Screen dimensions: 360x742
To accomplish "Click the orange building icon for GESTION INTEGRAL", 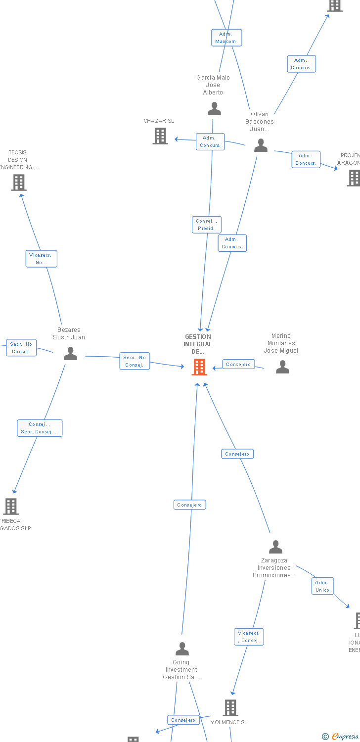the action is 199,367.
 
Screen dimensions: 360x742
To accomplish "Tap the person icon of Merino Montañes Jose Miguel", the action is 282,367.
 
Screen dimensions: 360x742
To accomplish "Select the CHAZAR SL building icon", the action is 160,136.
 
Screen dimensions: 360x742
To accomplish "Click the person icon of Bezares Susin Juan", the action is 71,354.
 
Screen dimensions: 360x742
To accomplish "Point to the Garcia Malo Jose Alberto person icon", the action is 214,109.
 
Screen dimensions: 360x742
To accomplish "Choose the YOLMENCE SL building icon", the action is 230,708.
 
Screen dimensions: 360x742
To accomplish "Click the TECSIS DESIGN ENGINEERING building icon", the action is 18,183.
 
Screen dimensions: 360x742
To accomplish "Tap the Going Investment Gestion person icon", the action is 182,649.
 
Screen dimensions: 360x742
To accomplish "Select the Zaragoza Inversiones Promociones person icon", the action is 275,547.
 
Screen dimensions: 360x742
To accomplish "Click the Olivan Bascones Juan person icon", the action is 261,145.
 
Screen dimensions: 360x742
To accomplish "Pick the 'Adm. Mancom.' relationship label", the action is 226,38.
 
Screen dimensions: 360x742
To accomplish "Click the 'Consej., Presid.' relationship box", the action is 206,225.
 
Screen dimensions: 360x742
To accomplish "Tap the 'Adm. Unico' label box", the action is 322,586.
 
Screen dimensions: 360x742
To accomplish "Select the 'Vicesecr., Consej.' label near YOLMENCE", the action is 249,637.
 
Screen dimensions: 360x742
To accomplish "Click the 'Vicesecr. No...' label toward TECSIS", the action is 42,259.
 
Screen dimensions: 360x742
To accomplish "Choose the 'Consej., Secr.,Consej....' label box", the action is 40,428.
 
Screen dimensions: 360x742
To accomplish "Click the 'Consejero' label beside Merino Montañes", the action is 238,365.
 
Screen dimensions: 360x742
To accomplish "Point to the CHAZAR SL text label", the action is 159,121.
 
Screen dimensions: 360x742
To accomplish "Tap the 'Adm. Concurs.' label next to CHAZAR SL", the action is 210,141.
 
